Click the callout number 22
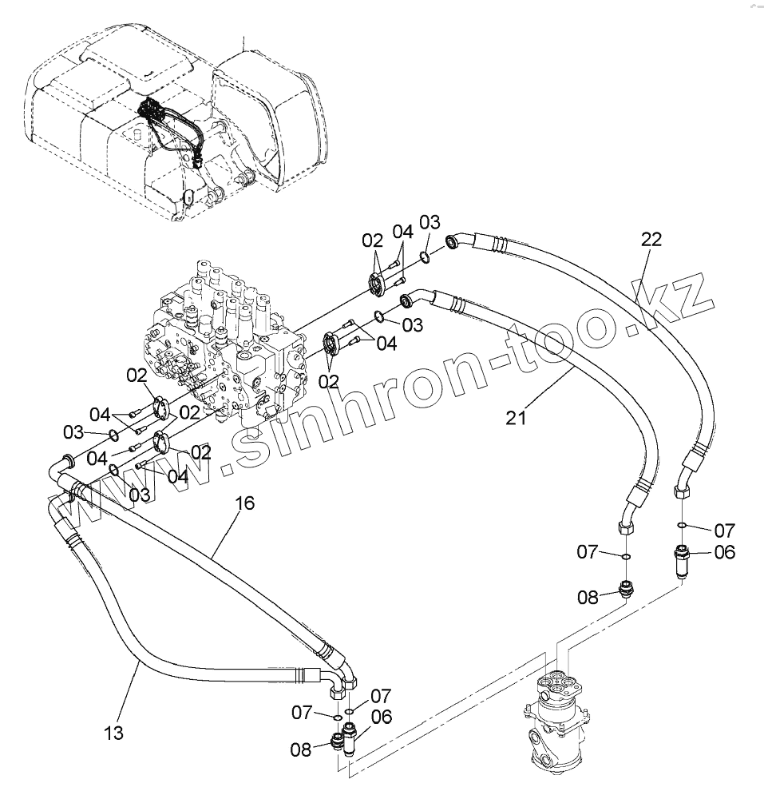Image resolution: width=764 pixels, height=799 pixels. (x=651, y=238)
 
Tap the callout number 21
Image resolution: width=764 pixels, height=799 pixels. (x=516, y=417)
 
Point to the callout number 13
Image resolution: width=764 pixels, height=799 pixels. (x=113, y=733)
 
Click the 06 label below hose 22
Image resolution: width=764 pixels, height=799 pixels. (x=724, y=551)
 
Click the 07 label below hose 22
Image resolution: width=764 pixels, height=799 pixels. (x=724, y=529)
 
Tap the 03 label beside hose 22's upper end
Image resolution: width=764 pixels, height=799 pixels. (x=430, y=221)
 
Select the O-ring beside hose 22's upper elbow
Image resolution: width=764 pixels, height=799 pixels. (x=426, y=256)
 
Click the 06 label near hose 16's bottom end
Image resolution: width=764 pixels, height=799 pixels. (x=382, y=717)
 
